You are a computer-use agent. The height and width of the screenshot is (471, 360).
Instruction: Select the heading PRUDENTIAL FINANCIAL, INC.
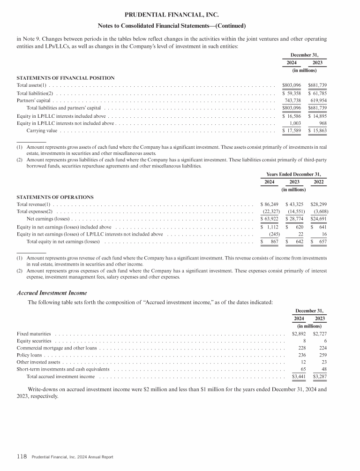coord(180,15)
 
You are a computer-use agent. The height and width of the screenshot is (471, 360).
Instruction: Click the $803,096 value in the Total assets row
coord(292,85)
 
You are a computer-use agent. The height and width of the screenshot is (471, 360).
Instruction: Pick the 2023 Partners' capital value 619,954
coord(317,100)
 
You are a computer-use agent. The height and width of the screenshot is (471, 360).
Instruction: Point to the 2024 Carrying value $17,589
coord(292,130)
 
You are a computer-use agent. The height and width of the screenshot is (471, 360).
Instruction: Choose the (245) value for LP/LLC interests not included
coord(271,234)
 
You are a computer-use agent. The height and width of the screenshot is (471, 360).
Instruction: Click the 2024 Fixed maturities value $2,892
coord(295,334)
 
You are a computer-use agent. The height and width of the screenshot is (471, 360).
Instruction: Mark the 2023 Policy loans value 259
coord(320,356)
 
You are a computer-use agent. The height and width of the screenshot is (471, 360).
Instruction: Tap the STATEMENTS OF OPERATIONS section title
coord(55,197)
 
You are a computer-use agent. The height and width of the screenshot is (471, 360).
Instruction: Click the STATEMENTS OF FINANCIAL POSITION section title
coord(66,77)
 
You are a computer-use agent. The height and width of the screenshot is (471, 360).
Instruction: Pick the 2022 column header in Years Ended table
coord(319,182)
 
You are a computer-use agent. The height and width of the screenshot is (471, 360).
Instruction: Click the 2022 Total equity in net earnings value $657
coord(319,242)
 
